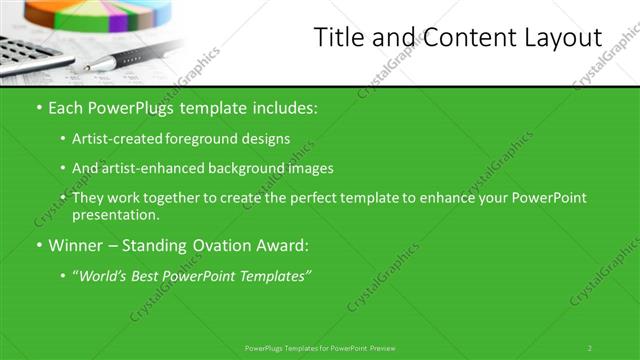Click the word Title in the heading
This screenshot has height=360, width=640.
tap(339, 39)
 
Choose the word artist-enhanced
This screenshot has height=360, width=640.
tap(147, 169)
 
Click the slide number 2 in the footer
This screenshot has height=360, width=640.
tap(590, 348)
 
